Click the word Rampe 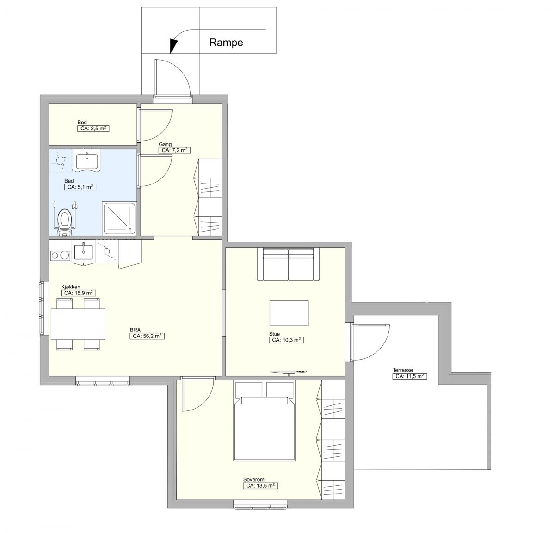226,43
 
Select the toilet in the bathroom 65,222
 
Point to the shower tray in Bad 119,218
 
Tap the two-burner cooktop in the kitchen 60,256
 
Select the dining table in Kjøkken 78,324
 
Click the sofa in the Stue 288,264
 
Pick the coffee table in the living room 289,313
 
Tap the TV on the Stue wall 288,372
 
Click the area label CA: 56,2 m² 147,336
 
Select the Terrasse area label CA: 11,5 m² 410,376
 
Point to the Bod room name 82,123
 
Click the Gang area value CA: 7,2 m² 174,150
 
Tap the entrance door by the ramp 173,77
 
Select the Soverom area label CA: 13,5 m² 260,486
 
